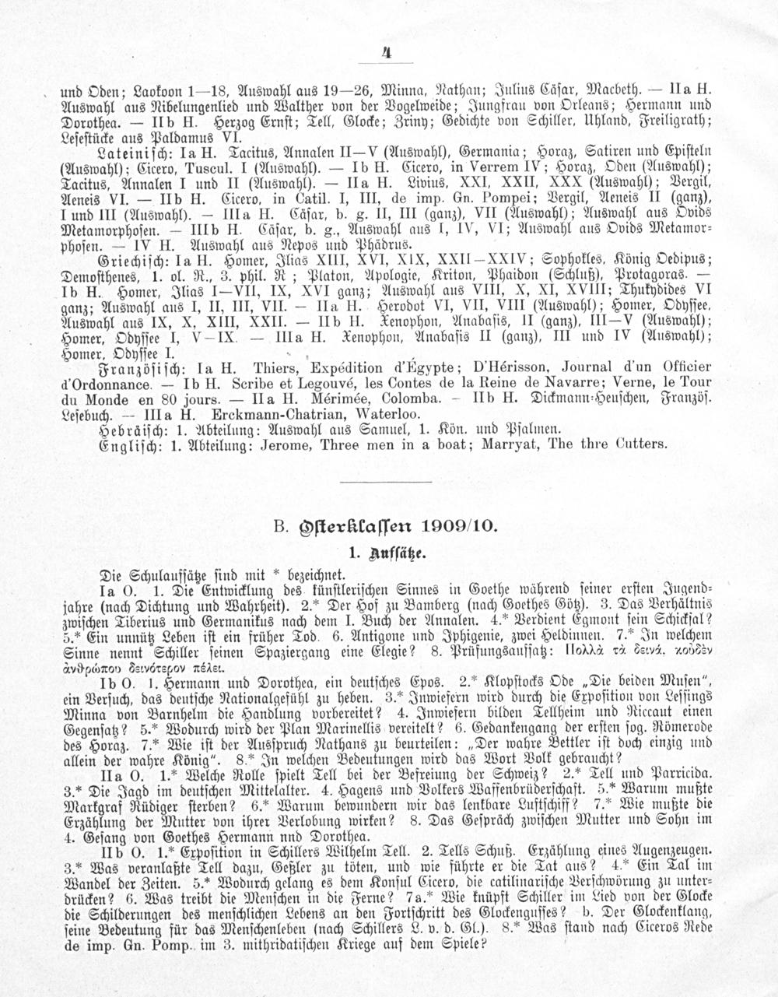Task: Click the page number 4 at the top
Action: [x=387, y=54]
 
